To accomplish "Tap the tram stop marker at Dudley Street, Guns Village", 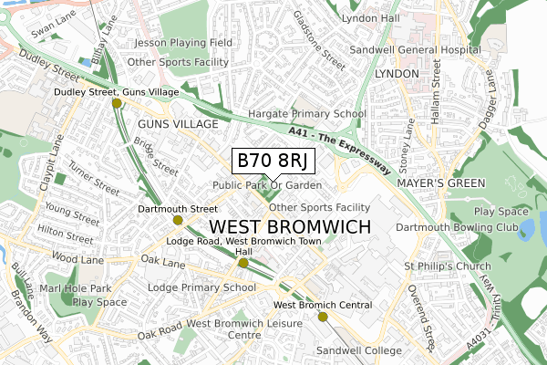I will [117, 104].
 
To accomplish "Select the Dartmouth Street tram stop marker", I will [178, 220].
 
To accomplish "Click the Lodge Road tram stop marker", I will [243, 263].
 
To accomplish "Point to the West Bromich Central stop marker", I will [323, 317].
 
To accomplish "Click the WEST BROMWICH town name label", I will [290, 225].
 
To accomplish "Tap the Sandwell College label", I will [356, 350].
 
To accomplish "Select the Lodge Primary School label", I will [201, 287].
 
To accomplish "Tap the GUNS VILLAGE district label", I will [178, 123].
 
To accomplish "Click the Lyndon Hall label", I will [371, 17].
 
